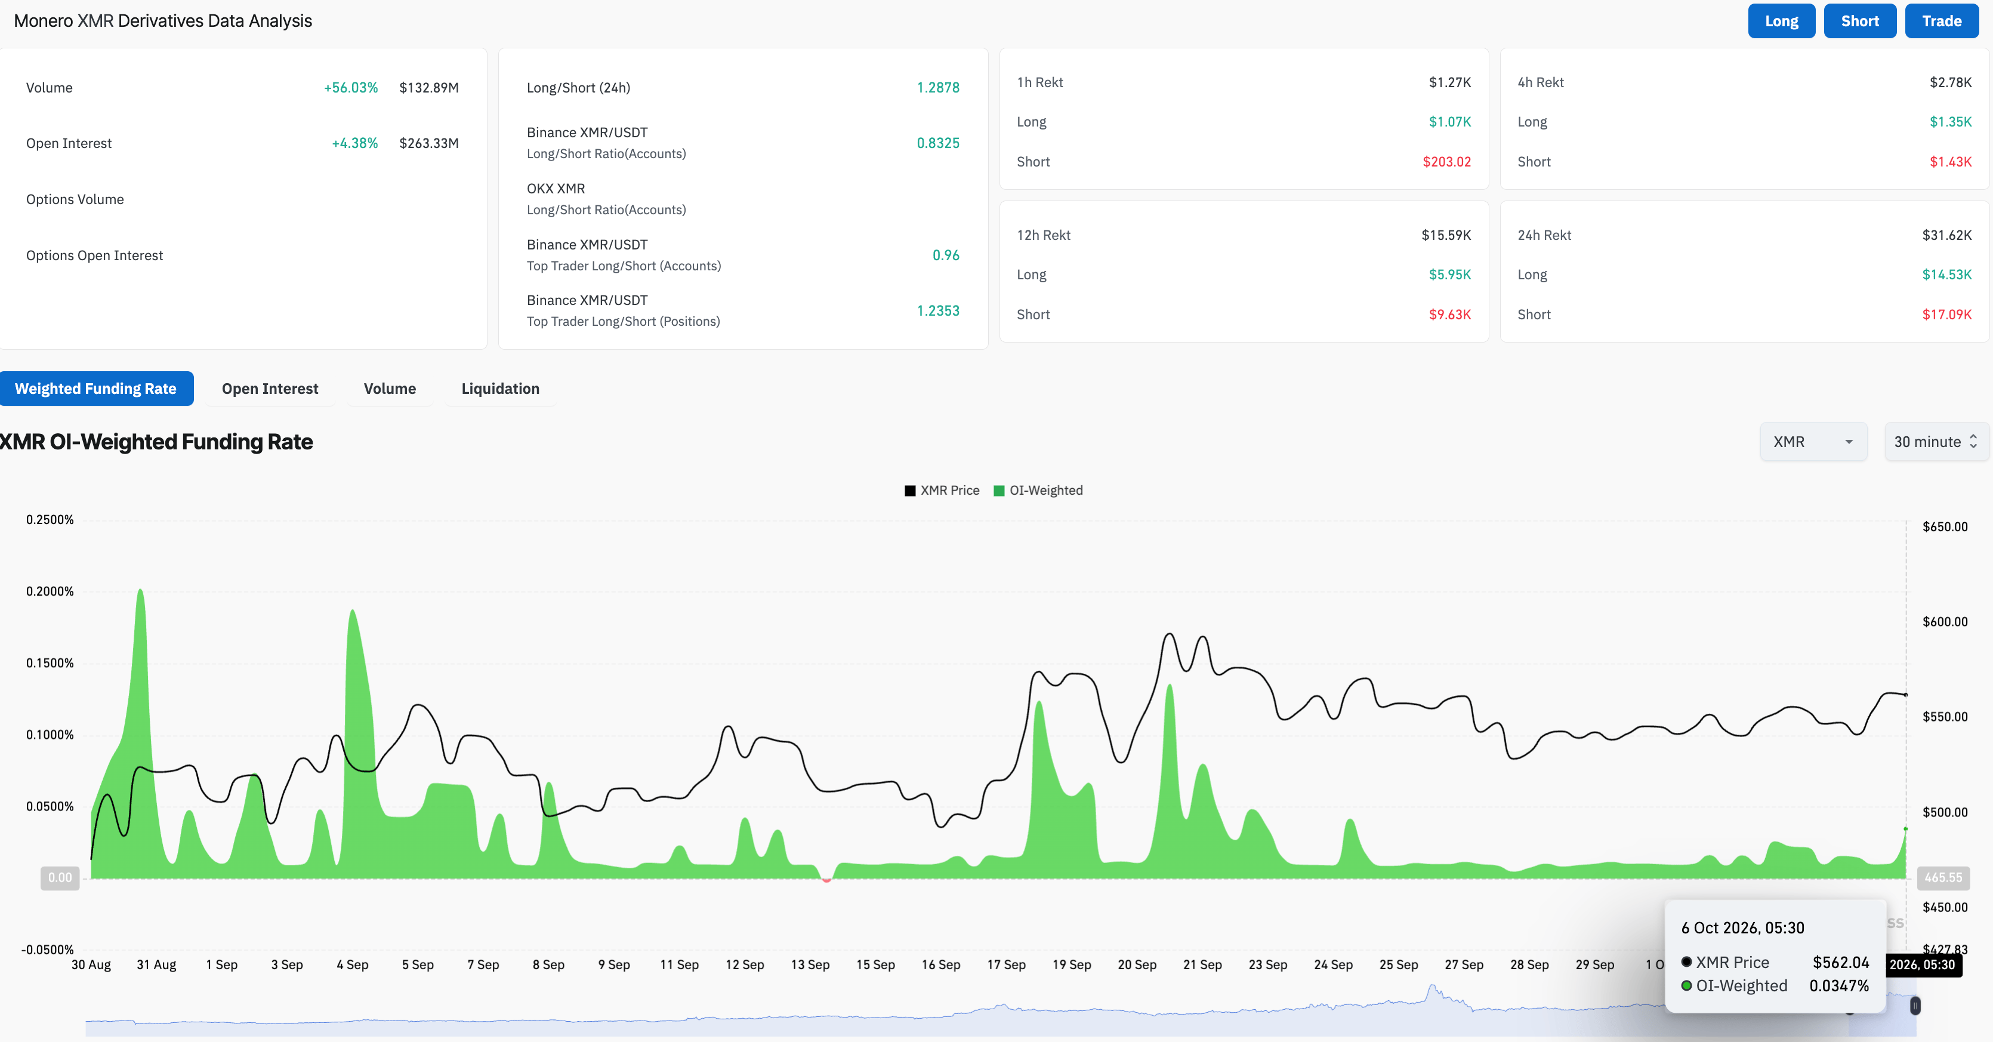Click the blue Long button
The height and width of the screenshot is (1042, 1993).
tap(1781, 21)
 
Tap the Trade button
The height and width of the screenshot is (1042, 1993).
tap(1941, 21)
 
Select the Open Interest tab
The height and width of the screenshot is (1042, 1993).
tap(270, 389)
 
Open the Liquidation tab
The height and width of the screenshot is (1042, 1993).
tap(501, 389)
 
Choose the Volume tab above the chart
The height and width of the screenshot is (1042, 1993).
tap(390, 389)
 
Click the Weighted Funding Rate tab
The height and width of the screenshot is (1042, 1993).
tap(96, 389)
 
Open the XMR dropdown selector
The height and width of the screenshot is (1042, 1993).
tap(1813, 442)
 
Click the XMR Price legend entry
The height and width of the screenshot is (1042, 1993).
tap(942, 491)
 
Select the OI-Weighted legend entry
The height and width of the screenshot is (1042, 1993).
tap(1038, 491)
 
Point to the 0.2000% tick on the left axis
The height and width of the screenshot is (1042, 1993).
tap(50, 591)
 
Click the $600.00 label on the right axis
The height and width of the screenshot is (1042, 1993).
tap(1945, 622)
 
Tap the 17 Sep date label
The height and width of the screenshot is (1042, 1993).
tap(1006, 964)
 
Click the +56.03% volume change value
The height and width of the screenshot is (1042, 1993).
tap(350, 87)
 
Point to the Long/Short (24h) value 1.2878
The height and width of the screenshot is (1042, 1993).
tap(937, 87)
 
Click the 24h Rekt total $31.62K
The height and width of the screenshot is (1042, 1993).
tap(1946, 235)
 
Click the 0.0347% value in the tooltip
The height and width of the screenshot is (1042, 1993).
tap(1839, 985)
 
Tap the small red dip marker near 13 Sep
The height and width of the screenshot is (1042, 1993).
tap(826, 880)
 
